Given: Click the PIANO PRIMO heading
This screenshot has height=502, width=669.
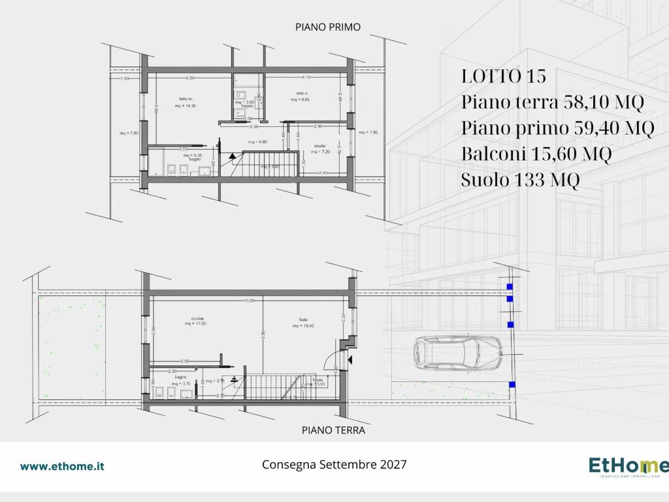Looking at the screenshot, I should (x=328, y=27).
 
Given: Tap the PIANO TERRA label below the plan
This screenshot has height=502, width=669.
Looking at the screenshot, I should (x=333, y=430).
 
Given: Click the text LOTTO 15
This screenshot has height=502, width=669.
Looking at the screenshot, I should (x=503, y=76).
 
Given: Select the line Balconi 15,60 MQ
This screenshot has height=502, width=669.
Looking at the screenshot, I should (x=536, y=154).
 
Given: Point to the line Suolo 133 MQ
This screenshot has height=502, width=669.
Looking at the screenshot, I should (x=519, y=180).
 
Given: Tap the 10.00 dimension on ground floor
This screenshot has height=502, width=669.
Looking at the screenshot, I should (x=250, y=301).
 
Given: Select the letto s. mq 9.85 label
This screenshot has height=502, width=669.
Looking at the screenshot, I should (x=301, y=97).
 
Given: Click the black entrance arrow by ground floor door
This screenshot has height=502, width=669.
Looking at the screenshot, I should (x=350, y=359).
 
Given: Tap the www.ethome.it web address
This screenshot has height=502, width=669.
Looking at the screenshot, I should (x=62, y=466).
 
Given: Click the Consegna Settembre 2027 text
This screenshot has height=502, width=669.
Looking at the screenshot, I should (x=334, y=465).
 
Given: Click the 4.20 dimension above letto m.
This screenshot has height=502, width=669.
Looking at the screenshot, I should (x=189, y=78).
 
